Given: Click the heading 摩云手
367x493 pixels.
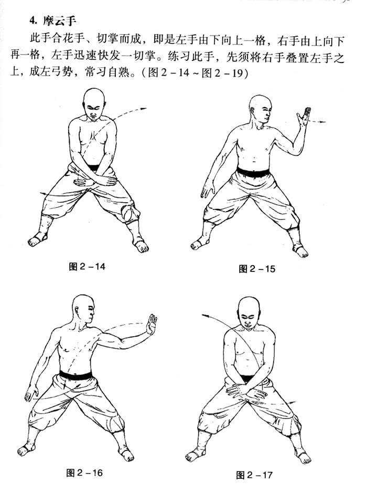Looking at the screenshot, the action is click(59, 22).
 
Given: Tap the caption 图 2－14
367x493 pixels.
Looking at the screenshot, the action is click(87, 267).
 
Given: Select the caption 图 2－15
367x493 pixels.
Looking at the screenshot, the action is click(257, 269).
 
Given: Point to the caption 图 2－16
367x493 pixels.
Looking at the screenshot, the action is click(84, 473).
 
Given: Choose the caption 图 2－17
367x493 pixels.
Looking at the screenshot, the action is click(254, 475).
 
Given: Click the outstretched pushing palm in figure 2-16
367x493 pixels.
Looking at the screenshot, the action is click(151, 324).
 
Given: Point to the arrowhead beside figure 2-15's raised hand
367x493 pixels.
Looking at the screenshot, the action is click(323, 122).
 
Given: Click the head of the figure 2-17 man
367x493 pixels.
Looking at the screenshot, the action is click(249, 312).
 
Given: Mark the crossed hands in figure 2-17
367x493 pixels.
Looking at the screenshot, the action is click(246, 391).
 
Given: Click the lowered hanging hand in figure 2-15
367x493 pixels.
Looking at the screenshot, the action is click(208, 188).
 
